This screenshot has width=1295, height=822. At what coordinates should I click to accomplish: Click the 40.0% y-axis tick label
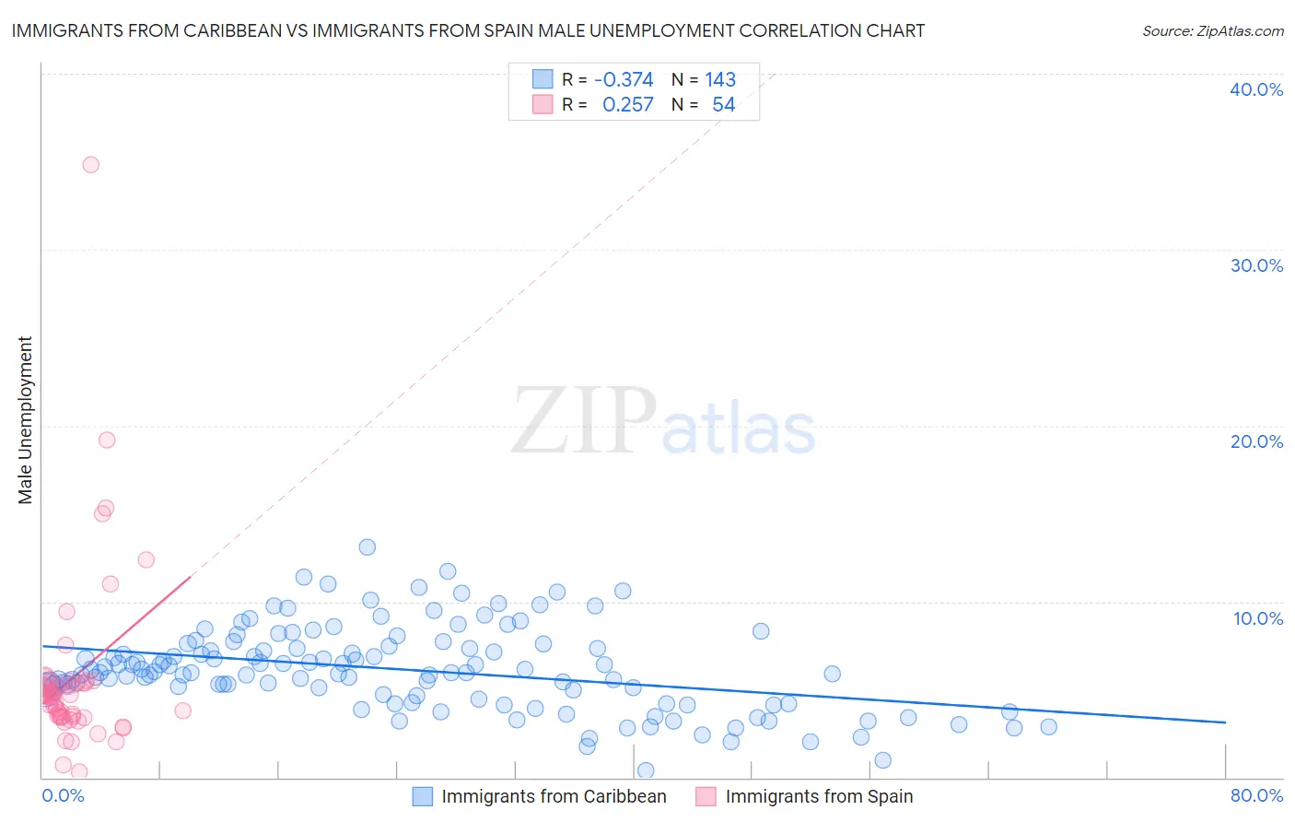point(1256,89)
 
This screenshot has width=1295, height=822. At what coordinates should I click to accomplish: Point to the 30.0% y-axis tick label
point(1256,265)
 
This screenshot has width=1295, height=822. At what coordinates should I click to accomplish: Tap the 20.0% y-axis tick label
point(1256,441)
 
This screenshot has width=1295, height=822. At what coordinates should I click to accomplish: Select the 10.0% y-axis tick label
point(1258,618)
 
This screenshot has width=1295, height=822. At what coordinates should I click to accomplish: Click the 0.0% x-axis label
point(63,795)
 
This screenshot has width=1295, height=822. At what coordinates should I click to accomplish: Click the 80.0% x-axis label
point(1256,795)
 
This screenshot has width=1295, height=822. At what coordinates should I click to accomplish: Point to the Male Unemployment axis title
point(25,420)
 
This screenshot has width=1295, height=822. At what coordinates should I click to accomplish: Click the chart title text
point(468,30)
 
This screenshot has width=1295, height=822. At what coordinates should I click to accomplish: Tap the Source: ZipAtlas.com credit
point(1212,30)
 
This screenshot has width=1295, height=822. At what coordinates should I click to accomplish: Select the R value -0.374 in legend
point(624,79)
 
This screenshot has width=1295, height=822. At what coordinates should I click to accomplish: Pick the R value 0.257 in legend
point(628,104)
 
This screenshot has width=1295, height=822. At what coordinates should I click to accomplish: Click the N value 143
point(720,79)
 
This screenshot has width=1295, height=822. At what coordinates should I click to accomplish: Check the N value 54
point(724,104)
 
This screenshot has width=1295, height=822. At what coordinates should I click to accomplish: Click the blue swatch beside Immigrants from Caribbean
point(423,796)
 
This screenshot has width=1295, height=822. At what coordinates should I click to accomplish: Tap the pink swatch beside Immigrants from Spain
point(706,796)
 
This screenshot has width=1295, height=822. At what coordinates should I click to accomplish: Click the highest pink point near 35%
point(90,165)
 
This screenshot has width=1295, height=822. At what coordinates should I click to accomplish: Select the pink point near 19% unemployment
point(107,440)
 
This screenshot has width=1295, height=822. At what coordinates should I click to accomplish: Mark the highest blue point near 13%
point(367,546)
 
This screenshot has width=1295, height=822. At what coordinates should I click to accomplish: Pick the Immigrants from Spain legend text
point(819,796)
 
